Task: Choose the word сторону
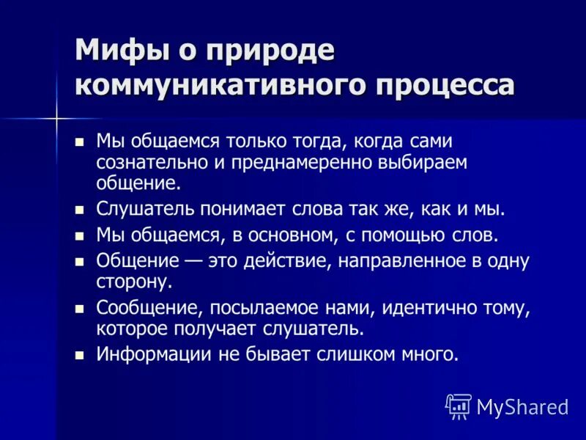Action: coord(134,281)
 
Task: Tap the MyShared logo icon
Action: coord(459,406)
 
